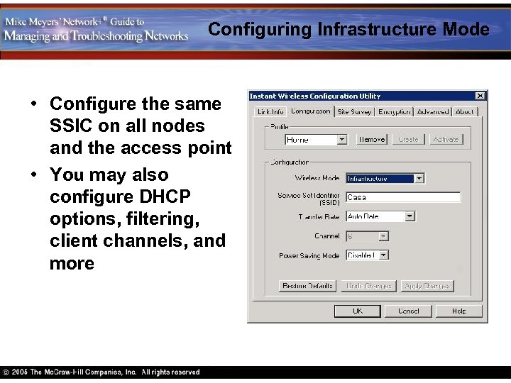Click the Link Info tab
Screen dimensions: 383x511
point(270,111)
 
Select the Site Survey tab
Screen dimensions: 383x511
point(354,111)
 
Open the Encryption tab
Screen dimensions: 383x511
point(395,111)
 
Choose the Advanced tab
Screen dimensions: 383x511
point(433,111)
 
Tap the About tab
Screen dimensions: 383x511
point(465,111)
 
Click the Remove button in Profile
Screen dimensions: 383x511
point(371,140)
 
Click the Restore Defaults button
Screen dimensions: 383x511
point(307,286)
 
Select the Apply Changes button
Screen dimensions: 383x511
point(427,286)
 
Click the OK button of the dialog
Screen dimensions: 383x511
point(358,311)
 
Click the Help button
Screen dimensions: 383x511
point(459,311)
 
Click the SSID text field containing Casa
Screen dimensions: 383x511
point(402,197)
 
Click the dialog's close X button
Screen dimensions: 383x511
point(480,96)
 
